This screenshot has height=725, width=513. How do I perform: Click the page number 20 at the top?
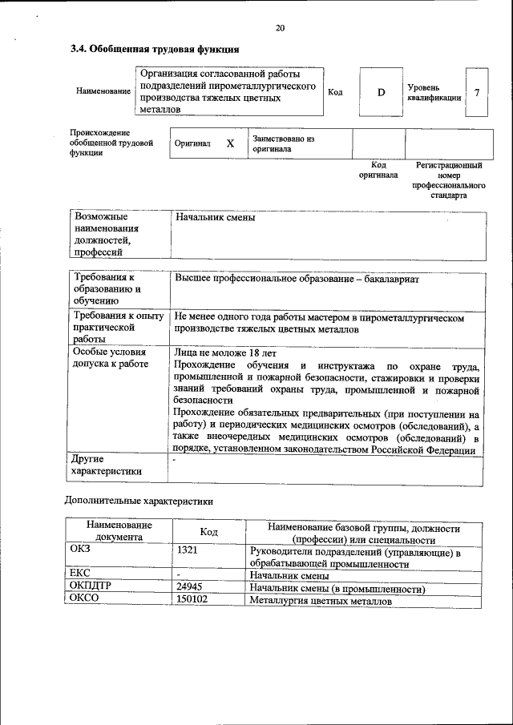[280, 29]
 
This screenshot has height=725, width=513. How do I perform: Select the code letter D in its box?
[382, 92]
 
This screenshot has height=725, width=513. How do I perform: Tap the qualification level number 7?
[477, 92]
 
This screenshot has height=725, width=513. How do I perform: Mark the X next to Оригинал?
[230, 143]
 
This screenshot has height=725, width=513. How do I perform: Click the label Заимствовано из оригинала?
[283, 143]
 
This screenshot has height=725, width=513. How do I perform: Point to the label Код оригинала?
[378, 170]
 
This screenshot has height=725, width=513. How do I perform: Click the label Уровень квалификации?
[434, 92]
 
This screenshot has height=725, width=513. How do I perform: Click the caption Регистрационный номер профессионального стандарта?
[448, 180]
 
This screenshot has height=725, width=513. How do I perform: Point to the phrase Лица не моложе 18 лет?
[224, 352]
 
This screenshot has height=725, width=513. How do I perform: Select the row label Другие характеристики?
[106, 465]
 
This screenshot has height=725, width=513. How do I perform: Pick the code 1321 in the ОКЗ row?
[188, 552]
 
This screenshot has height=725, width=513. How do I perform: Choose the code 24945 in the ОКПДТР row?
[189, 587]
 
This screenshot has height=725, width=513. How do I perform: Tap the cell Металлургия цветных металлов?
[321, 600]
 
